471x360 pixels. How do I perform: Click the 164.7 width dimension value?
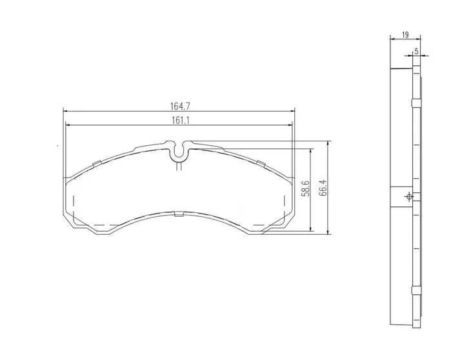(x=180, y=106)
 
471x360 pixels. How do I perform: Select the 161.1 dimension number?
(x=180, y=121)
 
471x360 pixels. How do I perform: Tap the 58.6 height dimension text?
(x=305, y=188)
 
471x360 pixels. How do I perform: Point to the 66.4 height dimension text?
(x=323, y=188)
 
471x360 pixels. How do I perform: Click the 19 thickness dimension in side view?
(x=405, y=35)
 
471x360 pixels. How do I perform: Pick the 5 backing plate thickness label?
(x=416, y=52)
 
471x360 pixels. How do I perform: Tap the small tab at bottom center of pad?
(x=179, y=214)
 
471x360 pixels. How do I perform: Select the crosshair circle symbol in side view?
(x=409, y=197)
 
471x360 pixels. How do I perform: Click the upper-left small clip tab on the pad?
(x=97, y=164)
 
